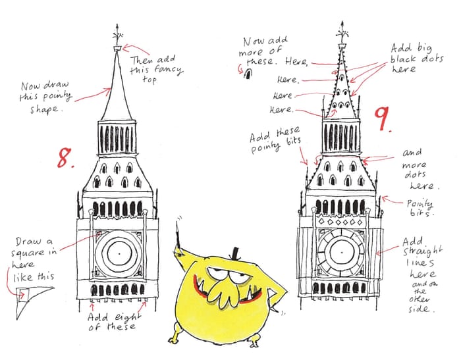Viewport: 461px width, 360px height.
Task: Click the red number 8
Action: coord(65,158)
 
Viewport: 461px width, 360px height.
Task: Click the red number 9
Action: coord(382,118)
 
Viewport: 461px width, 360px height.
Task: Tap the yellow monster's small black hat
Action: coord(235,253)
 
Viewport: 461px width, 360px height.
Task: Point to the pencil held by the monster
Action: coord(178,235)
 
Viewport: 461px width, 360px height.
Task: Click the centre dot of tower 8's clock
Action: coord(119,253)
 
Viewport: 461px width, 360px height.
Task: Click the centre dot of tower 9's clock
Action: coord(341,252)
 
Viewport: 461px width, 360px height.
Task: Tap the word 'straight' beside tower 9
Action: coord(423,252)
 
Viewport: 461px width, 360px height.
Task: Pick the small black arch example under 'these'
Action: coord(248,74)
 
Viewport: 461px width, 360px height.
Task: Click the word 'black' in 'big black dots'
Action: coord(404,59)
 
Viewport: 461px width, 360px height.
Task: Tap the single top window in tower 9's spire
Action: coord(342,78)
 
